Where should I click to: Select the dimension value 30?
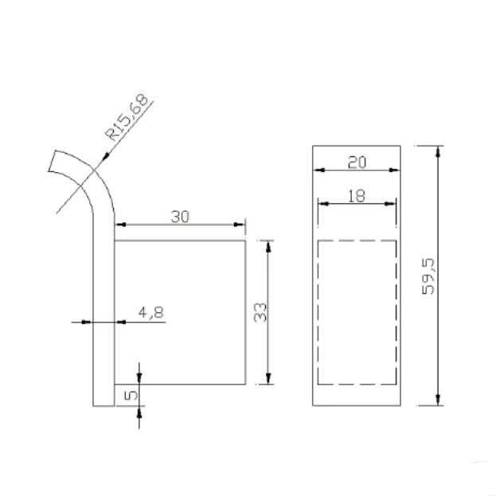tap(180, 216)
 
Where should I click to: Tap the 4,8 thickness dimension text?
tap(150, 312)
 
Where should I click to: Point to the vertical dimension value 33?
tap(259, 312)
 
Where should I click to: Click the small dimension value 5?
tap(132, 393)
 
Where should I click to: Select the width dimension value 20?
tap(357, 162)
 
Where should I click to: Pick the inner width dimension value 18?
tap(357, 195)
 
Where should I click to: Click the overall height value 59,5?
tap(428, 275)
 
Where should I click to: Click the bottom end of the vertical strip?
tap(103, 404)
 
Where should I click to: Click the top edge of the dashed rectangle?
tap(357, 240)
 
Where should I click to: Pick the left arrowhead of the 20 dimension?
tap(318, 170)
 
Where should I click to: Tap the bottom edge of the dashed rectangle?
tap(357, 384)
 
